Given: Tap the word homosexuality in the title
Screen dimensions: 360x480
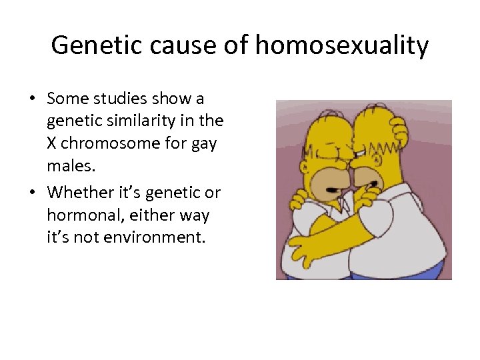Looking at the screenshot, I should click(x=341, y=46).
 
